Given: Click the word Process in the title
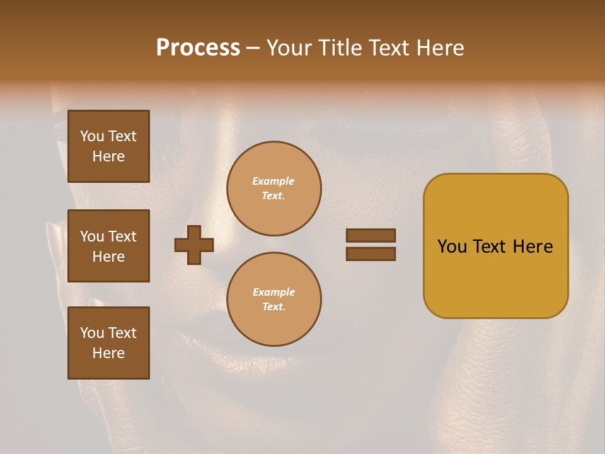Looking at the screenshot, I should [x=198, y=48].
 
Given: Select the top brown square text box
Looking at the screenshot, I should [x=108, y=146].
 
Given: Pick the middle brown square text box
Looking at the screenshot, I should [x=108, y=246].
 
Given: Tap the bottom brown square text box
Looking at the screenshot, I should [x=108, y=343].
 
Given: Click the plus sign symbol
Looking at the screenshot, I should [x=194, y=245].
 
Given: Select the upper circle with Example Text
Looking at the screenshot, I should [x=274, y=189].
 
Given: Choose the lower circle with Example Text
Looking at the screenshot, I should [x=274, y=300].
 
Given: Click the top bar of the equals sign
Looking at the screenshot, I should [x=371, y=236].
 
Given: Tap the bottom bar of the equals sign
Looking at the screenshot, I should [x=371, y=254].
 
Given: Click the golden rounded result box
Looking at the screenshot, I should [x=495, y=246].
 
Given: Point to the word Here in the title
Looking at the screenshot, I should [x=440, y=48].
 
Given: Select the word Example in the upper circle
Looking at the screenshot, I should [x=273, y=182].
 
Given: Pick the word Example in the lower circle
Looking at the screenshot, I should [x=274, y=293].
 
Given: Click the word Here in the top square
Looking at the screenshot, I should [x=108, y=156].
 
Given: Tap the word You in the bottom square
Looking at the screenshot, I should [x=92, y=333].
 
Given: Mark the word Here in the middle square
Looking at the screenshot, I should [x=108, y=257].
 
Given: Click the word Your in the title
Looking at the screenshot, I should [x=289, y=48].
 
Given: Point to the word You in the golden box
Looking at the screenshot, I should [x=452, y=247].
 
